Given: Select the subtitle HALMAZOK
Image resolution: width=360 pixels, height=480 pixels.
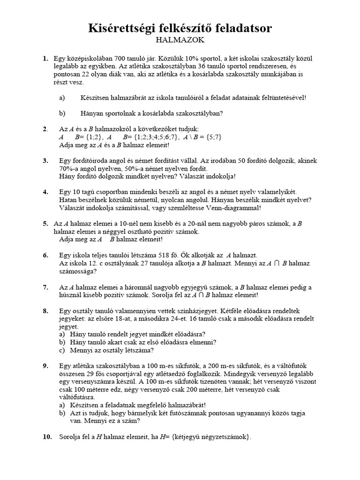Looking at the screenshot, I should click(180, 40).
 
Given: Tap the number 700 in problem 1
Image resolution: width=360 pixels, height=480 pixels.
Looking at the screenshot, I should click(127, 59).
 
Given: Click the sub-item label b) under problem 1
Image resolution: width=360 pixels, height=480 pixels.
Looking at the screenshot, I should click(62, 113).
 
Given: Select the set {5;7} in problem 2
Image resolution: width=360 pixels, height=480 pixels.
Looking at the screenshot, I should click(212, 137).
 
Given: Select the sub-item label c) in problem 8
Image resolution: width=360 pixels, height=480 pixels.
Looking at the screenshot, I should click(62, 350).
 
